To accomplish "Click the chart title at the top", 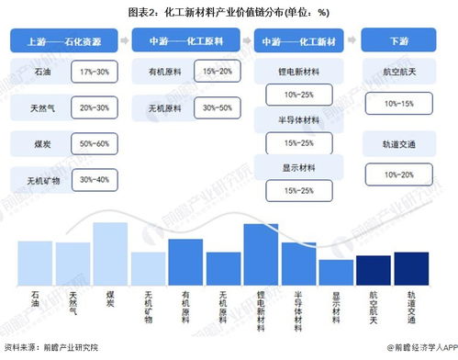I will tap(229, 11).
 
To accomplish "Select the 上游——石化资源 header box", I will tap(62, 42).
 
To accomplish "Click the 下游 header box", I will tap(397, 42).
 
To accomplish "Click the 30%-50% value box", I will tap(216, 107).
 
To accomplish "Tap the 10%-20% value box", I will tap(397, 174).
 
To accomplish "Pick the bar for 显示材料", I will tap(336, 270).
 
